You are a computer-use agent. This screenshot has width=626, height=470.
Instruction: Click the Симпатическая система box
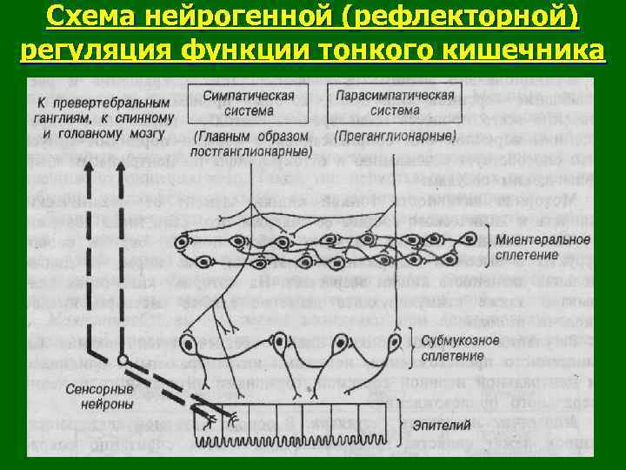(248, 103)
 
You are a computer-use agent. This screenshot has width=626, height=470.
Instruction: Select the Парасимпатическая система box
(382, 103)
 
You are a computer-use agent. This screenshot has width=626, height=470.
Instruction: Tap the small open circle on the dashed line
(123, 359)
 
